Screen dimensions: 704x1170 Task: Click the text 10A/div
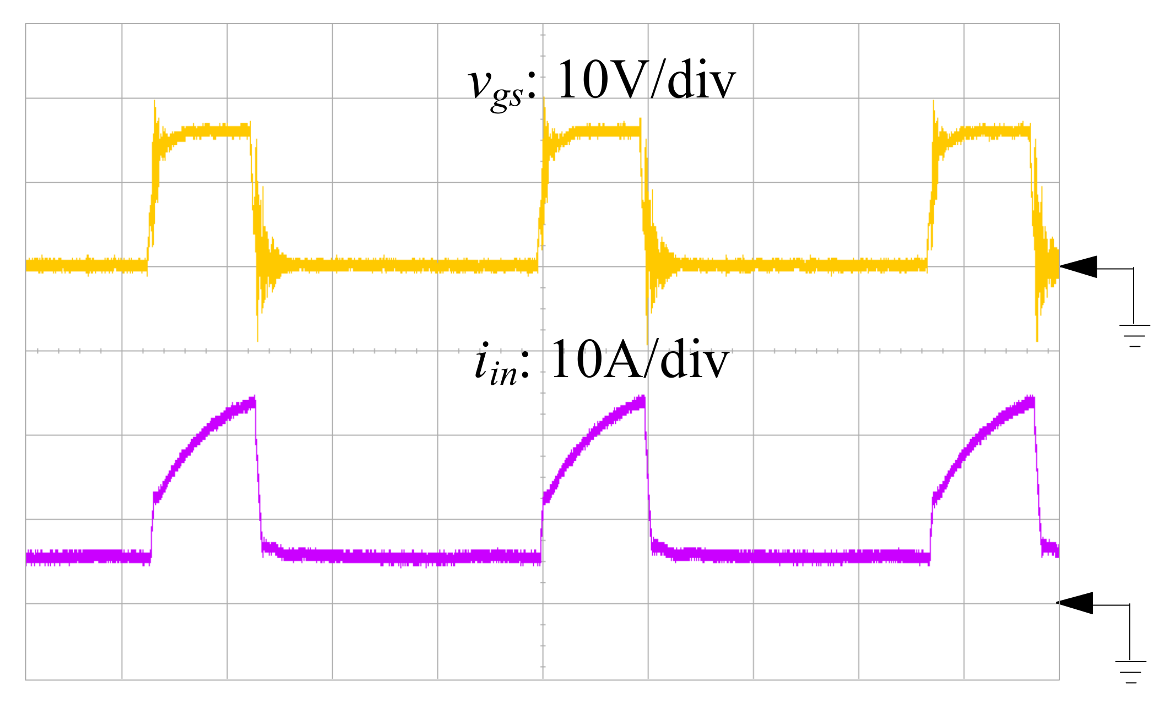(x=639, y=360)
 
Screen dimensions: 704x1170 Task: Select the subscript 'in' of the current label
(x=503, y=374)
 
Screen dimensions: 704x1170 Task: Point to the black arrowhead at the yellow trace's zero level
(x=1079, y=267)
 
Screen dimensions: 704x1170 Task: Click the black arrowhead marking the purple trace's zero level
(x=1075, y=603)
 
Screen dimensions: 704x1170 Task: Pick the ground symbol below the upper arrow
(x=1134, y=335)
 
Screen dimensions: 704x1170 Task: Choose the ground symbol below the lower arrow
(x=1130, y=672)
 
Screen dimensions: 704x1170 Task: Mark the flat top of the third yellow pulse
(x=992, y=132)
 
